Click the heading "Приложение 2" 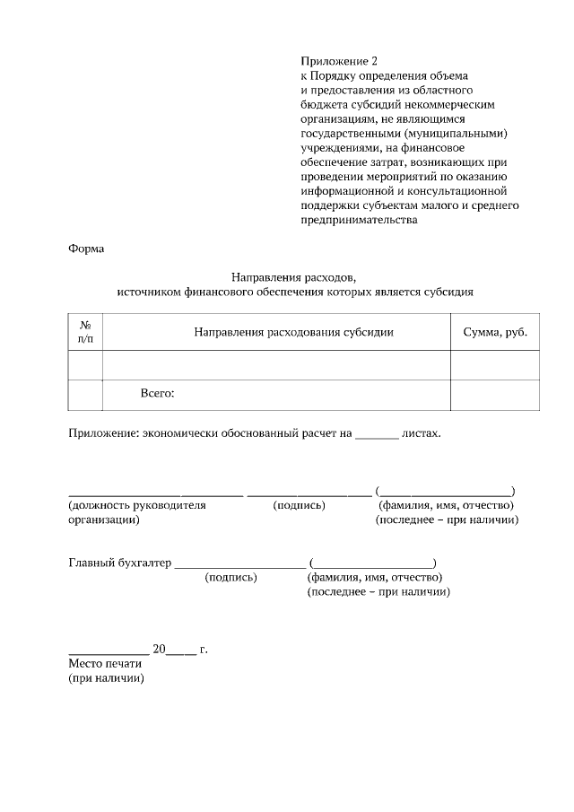[334, 61]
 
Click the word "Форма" [87, 249]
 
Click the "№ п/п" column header [85, 332]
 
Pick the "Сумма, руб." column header [495, 332]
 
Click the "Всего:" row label [157, 393]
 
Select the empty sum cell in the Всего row [495, 394]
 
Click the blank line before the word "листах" [377, 434]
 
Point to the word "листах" [422, 433]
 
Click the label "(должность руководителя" [137, 505]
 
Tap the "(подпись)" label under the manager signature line [299, 505]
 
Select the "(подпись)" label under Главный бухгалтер [230, 578]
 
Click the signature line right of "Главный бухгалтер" [239, 565]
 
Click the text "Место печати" [105, 664]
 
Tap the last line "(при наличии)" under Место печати [106, 679]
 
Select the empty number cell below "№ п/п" [85, 364]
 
